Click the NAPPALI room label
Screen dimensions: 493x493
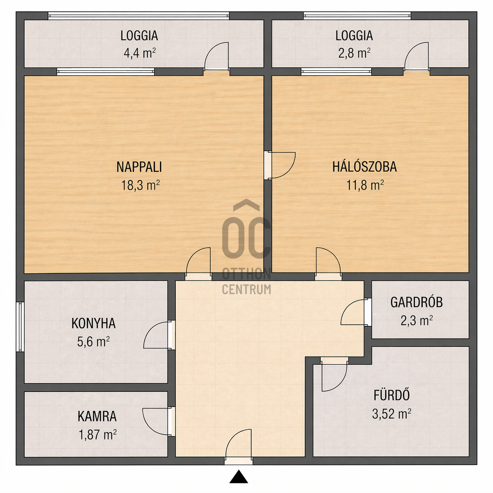139,167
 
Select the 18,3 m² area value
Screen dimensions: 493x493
140,185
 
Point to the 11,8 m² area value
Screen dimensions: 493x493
365,185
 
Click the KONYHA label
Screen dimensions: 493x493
94,323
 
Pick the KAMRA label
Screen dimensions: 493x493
97,416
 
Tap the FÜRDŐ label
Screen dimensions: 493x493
392,394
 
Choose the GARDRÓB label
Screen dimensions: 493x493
416,302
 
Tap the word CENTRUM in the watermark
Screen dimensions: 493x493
246,289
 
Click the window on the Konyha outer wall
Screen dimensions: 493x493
20,327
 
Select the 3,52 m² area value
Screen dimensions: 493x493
392,414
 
